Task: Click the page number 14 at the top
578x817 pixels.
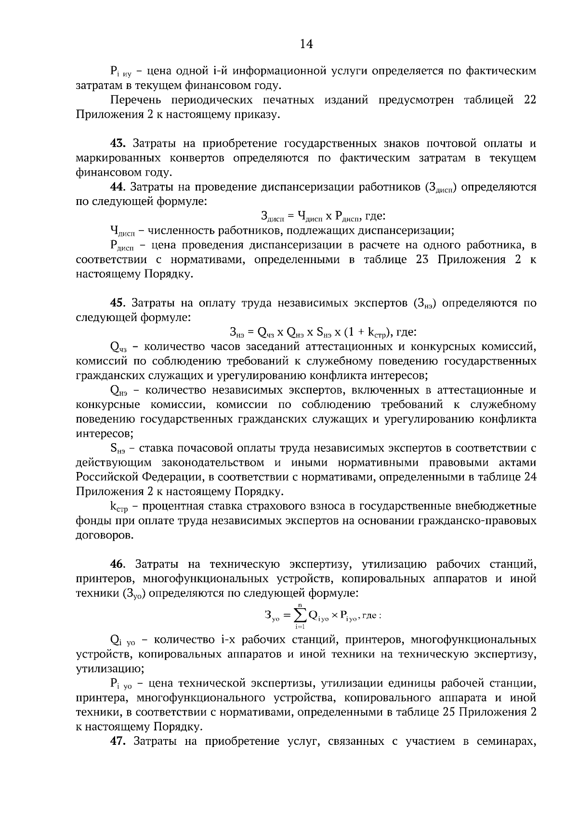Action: click(306, 44)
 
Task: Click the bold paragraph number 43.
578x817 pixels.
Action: click(118, 143)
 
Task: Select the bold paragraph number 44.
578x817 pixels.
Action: click(118, 187)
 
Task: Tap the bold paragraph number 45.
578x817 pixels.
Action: click(118, 303)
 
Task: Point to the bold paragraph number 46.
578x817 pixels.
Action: click(118, 563)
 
